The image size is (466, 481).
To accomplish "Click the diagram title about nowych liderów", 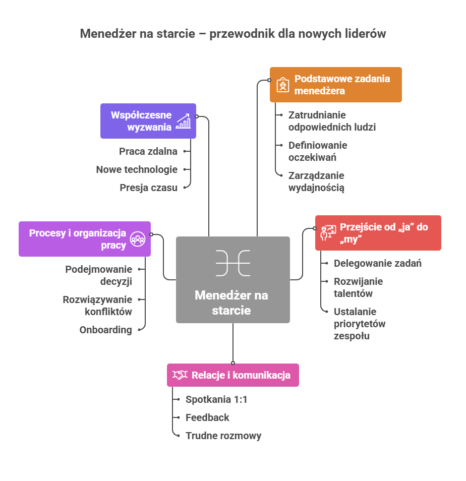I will (233, 34).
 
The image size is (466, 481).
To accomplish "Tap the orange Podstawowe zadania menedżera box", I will (335, 85).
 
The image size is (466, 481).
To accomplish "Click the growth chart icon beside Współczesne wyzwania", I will (183, 122).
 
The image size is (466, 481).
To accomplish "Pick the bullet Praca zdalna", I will (148, 151).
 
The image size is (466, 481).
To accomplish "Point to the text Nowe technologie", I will (137, 169).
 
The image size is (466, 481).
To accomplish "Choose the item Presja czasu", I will (149, 188).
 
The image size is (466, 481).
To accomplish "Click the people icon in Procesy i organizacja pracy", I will (137, 239).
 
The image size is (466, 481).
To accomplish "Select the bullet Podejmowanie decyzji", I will (99, 275).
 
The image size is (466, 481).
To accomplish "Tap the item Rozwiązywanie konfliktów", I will (97, 306).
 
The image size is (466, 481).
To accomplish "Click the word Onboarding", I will (106, 330).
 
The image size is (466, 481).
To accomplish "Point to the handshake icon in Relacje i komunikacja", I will (180, 375).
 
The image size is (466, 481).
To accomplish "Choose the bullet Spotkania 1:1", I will (216, 400).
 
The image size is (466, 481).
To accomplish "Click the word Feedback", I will (207, 417).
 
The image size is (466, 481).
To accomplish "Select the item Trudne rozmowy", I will (223, 436).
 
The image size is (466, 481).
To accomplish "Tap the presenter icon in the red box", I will (328, 233).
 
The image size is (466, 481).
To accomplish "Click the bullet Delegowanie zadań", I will (378, 263).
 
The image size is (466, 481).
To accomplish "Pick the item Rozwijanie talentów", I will (358, 287).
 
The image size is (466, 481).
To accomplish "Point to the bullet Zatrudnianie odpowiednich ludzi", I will (332, 121).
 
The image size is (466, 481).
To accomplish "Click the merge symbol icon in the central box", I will (233, 263).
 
